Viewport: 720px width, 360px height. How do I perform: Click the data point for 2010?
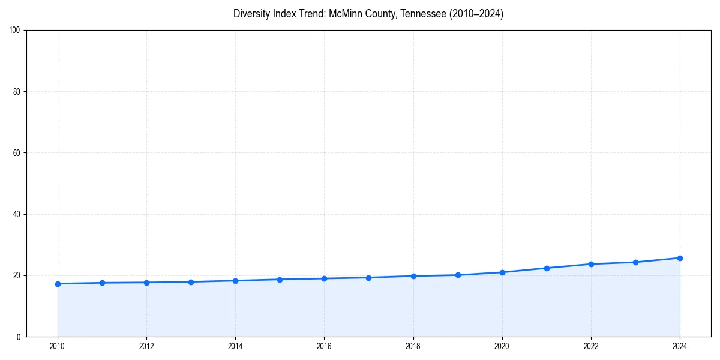point(58,284)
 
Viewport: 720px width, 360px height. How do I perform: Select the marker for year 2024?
point(680,258)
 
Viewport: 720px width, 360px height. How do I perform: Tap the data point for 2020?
point(502,272)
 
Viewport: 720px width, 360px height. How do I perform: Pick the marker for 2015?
point(280,280)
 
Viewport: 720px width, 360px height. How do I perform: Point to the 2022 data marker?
point(591,264)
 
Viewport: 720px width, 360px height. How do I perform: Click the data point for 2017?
point(368,278)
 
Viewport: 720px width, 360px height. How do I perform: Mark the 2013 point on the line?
point(191,282)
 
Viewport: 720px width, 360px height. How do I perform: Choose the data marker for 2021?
point(547,268)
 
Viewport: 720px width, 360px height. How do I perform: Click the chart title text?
point(368,14)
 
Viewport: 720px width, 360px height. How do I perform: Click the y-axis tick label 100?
point(15,31)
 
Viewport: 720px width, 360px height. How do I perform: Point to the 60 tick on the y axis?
point(17,153)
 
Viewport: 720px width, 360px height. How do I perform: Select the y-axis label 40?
point(17,214)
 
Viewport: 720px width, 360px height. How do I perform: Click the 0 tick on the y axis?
point(19,337)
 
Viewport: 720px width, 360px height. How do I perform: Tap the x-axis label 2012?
point(146,346)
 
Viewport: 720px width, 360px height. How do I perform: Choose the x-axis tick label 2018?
point(413,346)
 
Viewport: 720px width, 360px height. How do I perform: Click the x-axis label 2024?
point(680,346)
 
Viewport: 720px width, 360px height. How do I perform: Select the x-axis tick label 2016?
point(324,346)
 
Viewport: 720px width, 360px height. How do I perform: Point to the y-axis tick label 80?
point(17,92)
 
